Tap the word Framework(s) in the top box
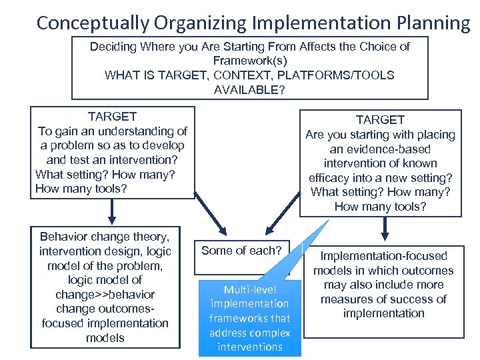[249, 61]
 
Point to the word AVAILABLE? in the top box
[249, 89]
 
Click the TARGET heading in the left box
[112, 117]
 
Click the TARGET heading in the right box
[380, 120]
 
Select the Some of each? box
[242, 251]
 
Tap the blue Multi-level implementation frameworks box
[250, 318]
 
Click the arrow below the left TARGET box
[112, 212]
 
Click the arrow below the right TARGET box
[384, 229]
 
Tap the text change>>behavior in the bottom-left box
[105, 295]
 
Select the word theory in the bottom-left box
[149, 237]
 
